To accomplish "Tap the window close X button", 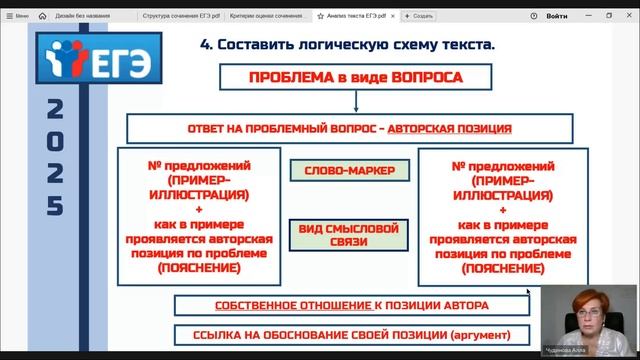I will [x=628, y=16].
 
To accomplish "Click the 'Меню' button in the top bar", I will [x=16, y=17].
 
